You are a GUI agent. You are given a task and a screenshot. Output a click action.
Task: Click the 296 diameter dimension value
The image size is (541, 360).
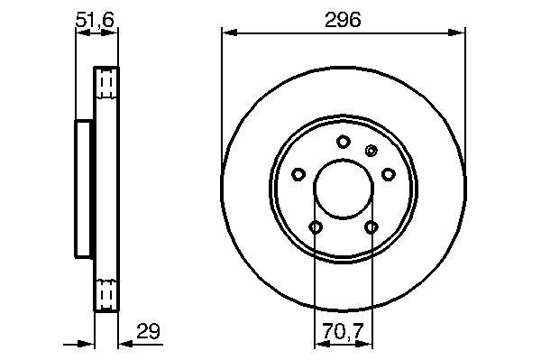point(343,20)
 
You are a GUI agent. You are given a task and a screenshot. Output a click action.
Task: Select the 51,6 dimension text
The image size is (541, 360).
point(95,20)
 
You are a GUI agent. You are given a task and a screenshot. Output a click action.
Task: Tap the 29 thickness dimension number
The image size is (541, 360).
point(149,331)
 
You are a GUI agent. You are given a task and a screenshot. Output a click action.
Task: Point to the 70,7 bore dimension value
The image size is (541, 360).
point(344,331)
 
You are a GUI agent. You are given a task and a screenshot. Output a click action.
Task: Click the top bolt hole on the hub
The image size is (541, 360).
point(344,142)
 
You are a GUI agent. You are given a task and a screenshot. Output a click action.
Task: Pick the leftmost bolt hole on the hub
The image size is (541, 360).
point(298,174)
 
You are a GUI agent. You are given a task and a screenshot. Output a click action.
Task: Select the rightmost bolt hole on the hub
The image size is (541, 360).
point(388,174)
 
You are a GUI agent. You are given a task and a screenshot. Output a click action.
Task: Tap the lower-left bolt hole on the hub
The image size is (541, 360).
point(316,227)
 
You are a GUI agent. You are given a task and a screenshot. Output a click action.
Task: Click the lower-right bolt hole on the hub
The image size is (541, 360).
point(371,227)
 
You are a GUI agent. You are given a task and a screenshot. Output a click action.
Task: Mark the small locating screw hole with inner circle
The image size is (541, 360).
point(371,151)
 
